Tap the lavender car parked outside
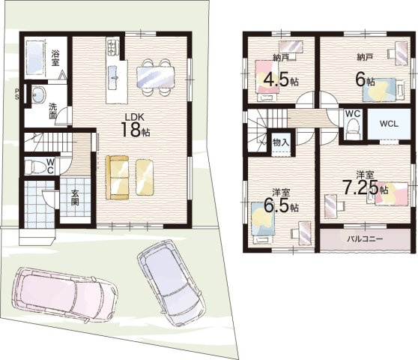point(172,282)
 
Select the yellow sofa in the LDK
point(118,178)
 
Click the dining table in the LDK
point(156,76)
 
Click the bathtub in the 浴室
point(34,58)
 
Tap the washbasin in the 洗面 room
point(39,94)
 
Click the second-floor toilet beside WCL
point(353,129)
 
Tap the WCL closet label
point(389,124)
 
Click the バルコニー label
point(365,238)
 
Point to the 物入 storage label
point(281,142)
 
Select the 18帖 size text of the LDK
point(136,130)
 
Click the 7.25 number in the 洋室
point(360,187)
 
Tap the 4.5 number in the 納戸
point(276,79)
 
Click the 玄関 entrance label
point(75,198)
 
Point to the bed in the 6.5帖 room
point(263,219)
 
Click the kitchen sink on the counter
point(115,76)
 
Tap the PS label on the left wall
point(16,94)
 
